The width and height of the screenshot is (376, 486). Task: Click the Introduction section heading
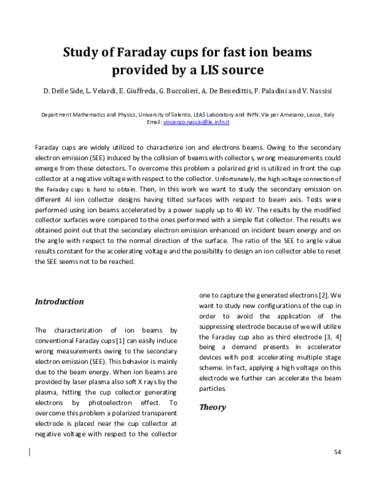click(x=59, y=301)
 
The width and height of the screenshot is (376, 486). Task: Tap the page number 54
click(x=337, y=452)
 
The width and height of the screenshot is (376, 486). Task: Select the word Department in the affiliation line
click(x=56, y=115)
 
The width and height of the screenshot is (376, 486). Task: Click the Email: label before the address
click(x=154, y=122)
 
